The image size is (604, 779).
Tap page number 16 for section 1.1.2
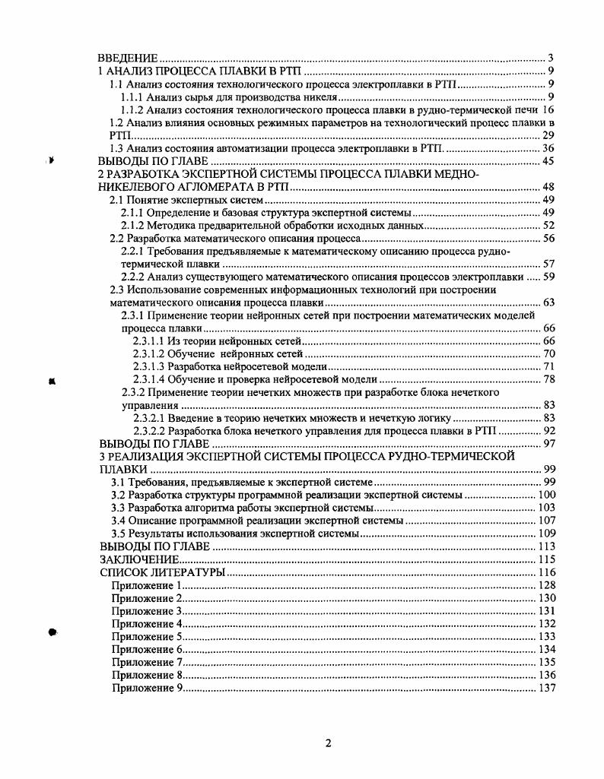[x=548, y=110]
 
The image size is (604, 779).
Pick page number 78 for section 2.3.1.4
[x=548, y=379]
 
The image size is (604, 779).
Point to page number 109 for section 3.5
[x=545, y=534]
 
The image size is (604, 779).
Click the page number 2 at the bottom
[x=328, y=743]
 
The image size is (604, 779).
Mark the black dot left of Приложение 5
[x=53, y=632]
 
